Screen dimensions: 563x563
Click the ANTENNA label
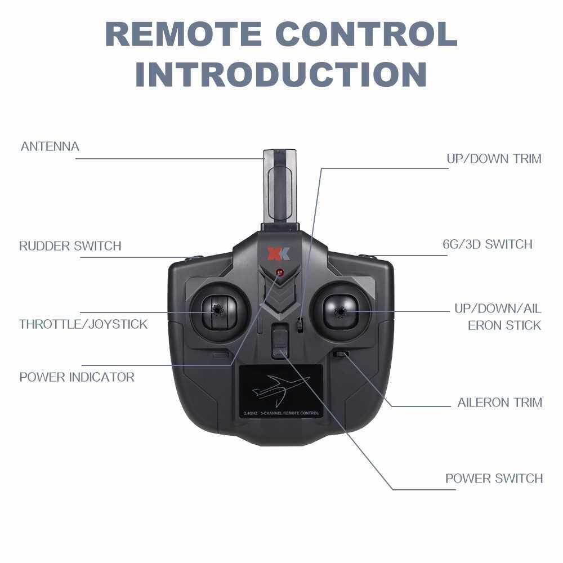coord(50,146)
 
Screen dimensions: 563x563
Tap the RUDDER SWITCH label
coord(70,246)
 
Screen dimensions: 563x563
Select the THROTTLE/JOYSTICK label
coord(83,324)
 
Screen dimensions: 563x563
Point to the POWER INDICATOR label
coord(77,377)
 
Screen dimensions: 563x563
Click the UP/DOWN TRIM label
coord(494,159)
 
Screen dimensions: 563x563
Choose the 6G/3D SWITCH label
coord(487,244)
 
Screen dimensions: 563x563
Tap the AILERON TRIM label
coord(499,403)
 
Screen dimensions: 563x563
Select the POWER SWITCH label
coord(494,479)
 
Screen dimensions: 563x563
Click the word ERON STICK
coord(504,325)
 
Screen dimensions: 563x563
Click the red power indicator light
coord(279,272)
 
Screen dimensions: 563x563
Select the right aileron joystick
coord(341,312)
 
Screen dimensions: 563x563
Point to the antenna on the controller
coord(280,190)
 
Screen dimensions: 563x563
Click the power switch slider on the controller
coord(280,341)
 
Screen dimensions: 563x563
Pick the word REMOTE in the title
coord(184,34)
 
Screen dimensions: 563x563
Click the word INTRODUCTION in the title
coord(281,75)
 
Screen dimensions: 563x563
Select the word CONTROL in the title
coord(367,34)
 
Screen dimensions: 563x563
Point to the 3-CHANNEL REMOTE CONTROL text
coord(289,413)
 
